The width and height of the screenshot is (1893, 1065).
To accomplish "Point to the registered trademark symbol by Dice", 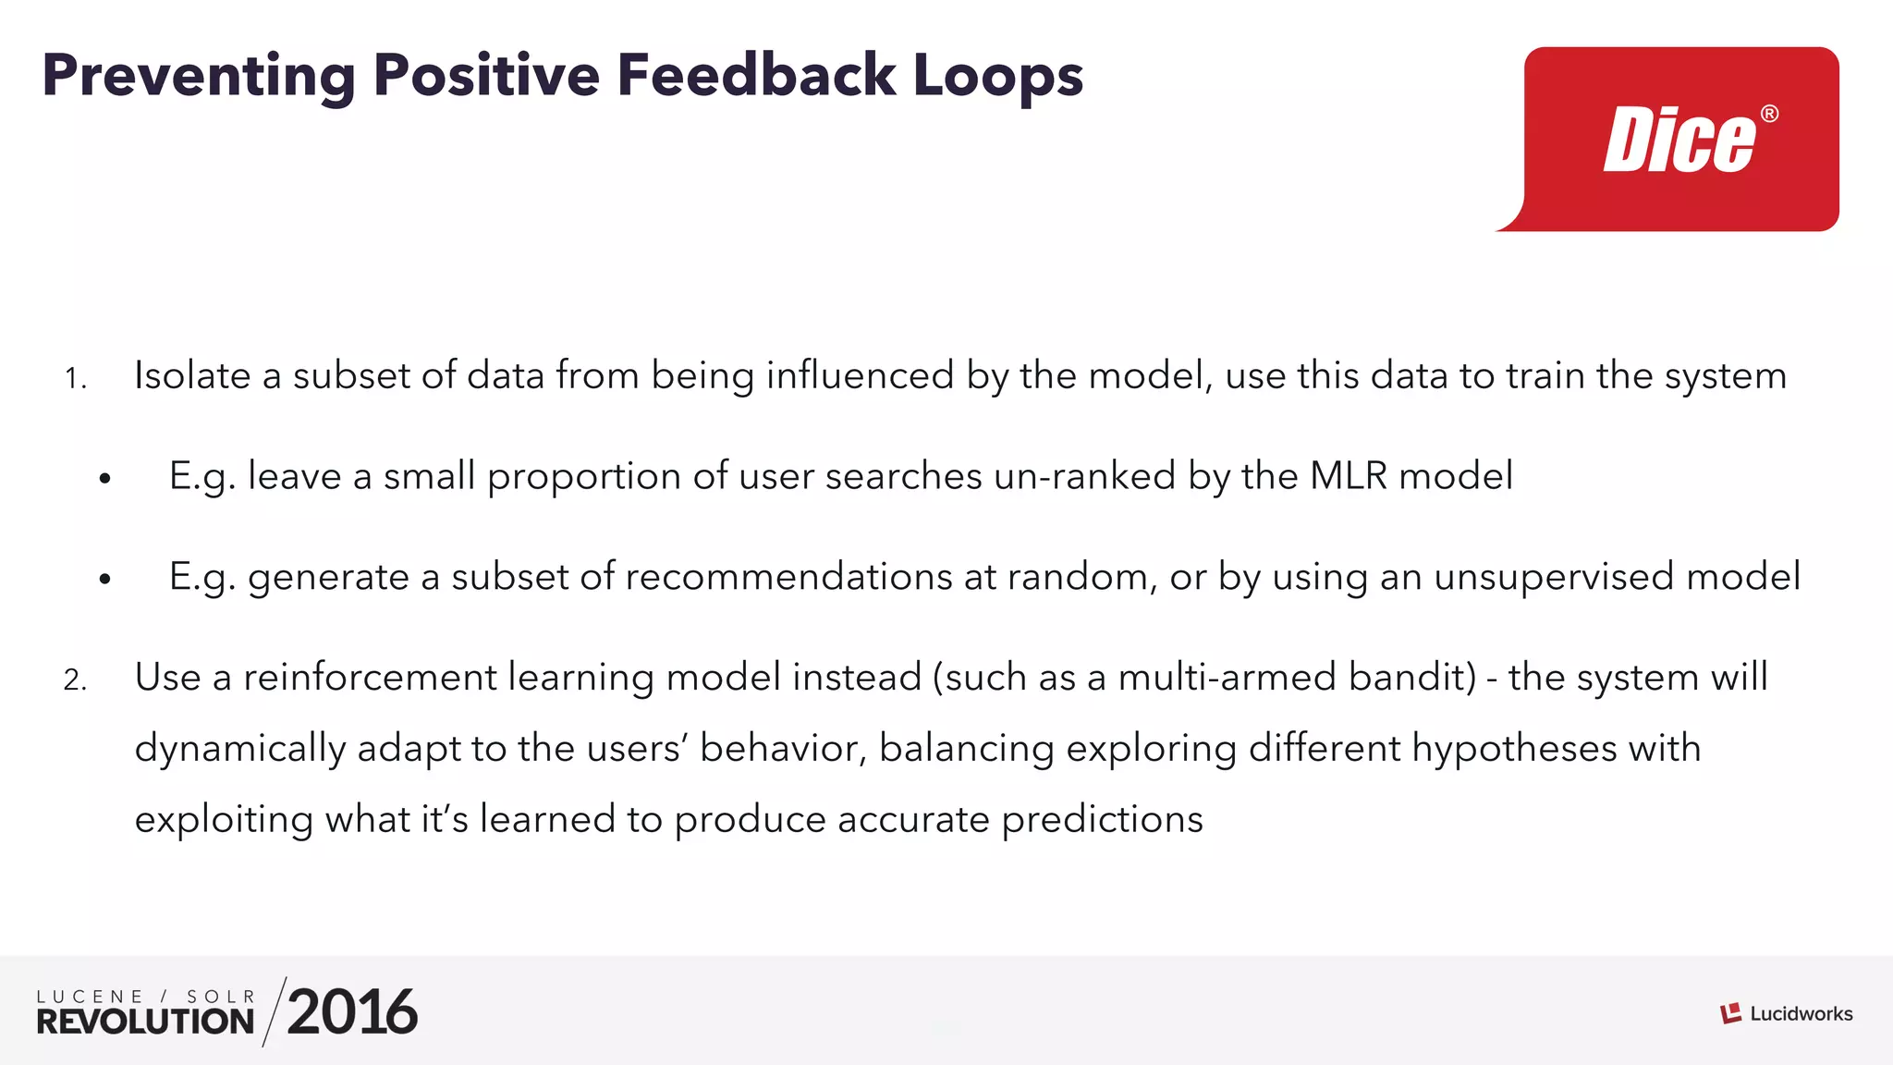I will (x=1769, y=114).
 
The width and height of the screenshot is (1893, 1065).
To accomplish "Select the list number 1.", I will (x=75, y=378).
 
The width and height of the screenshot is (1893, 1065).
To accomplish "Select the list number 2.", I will (x=75, y=680).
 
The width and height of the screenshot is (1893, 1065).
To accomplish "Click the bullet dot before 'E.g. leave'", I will (x=105, y=479).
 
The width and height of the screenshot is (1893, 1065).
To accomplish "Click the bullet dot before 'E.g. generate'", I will (x=105, y=580).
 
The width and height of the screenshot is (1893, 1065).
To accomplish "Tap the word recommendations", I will (x=788, y=577).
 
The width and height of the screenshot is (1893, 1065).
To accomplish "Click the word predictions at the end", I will (x=1102, y=819).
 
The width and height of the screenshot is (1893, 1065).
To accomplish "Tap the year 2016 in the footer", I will (x=352, y=1011).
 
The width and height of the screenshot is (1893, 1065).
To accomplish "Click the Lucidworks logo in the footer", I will (x=1786, y=1014).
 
